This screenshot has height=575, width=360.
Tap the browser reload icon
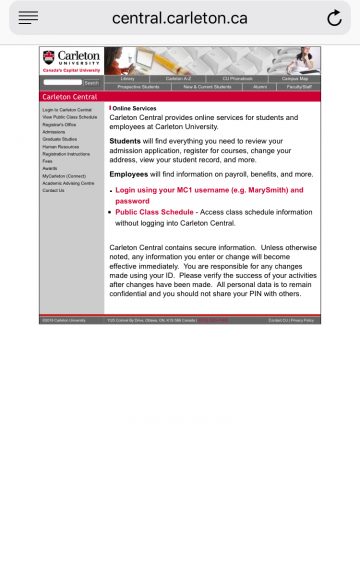click(334, 18)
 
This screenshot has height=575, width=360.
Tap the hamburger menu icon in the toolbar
click(28, 18)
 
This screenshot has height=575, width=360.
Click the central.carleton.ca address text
click(180, 18)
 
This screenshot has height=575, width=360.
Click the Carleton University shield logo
click(49, 58)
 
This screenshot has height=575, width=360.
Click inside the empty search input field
click(62, 82)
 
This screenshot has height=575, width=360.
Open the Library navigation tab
click(127, 78)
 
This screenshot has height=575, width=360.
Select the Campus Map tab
click(295, 78)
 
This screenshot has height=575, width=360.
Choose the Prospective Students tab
click(137, 86)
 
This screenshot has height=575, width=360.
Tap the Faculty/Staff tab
click(299, 86)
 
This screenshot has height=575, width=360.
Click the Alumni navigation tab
click(259, 86)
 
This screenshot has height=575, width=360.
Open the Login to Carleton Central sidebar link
click(67, 109)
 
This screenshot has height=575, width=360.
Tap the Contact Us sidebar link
click(53, 190)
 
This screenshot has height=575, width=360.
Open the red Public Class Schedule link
click(154, 212)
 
